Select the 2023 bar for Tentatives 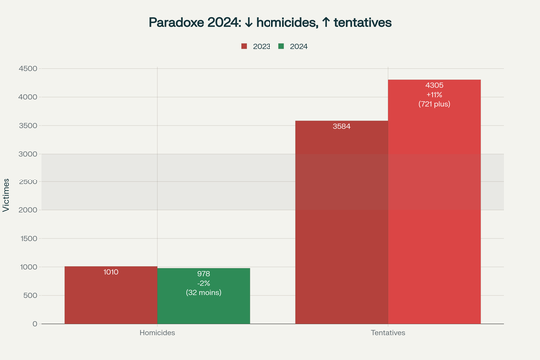coord(342,229)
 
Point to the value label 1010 coord(111,272)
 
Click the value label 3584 coord(342,127)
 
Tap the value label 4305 coord(434,85)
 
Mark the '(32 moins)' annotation coord(203,292)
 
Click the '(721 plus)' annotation coord(434,104)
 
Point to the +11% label coord(434,94)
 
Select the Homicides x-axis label coord(157,332)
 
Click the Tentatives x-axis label coord(388,332)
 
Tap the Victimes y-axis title coord(8,196)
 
